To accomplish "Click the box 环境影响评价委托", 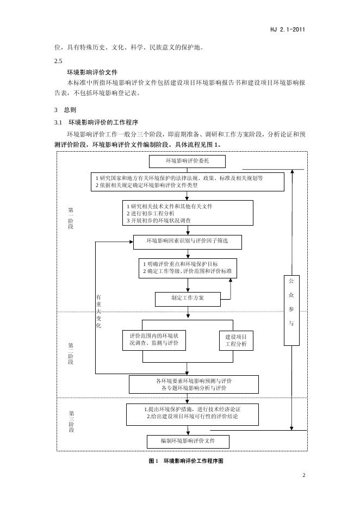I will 187,162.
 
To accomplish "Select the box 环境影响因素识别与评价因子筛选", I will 187,242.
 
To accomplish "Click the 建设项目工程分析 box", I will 236,341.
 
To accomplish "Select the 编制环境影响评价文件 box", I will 188,441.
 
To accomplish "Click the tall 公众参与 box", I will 291,311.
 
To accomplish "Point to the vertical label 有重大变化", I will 98,312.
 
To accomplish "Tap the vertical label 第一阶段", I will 71,218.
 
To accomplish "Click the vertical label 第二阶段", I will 71,353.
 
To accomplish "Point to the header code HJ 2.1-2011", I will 287,29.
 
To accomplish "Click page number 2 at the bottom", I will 304,476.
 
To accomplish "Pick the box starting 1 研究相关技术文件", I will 188,213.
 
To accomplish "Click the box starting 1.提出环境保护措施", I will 193,414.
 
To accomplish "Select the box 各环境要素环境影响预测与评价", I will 194,384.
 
